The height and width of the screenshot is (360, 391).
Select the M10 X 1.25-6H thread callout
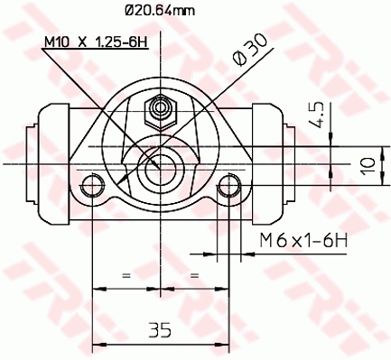click(x=97, y=42)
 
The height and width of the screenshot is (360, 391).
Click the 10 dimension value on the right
click(x=368, y=163)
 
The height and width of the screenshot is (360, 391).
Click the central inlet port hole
click(x=161, y=163)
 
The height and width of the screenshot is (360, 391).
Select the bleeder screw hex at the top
click(x=161, y=110)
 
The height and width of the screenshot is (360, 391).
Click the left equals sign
click(x=126, y=272)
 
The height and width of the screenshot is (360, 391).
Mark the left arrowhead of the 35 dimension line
click(x=98, y=343)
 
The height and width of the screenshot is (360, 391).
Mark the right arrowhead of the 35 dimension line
click(x=222, y=343)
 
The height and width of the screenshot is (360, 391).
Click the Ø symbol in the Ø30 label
click(x=239, y=56)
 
